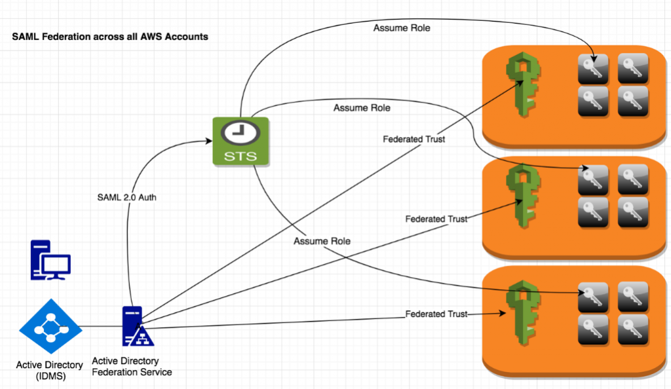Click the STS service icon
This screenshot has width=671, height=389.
pos(240,140)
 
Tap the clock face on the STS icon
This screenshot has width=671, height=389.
pos(240,132)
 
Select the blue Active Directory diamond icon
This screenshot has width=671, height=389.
pos(50,327)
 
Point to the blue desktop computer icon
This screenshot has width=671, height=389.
pos(50,261)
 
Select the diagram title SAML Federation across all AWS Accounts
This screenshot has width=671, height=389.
pos(110,37)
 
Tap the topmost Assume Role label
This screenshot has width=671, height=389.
pos(402,28)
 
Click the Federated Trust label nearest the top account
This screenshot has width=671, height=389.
pos(413,139)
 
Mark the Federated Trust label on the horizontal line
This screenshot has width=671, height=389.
pos(436,314)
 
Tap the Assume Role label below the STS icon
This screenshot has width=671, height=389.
pos(322,242)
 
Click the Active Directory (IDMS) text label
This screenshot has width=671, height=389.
pos(50,370)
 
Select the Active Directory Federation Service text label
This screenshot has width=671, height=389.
pos(132,367)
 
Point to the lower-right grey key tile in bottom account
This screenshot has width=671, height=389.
pos(633,329)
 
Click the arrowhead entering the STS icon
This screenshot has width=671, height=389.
pos(209,139)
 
